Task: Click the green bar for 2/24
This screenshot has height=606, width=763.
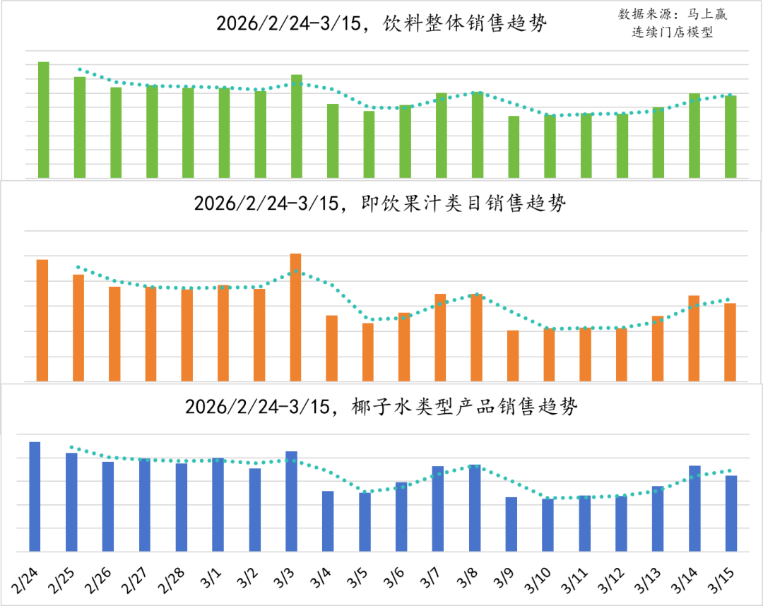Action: pos(44,120)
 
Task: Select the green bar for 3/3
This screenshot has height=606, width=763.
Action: pos(297,126)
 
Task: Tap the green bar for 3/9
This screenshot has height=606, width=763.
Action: pos(514,147)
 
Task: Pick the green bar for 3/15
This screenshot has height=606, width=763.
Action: pos(731,137)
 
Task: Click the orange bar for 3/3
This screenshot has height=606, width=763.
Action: pos(296,317)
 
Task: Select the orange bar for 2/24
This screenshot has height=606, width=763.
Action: pos(42,321)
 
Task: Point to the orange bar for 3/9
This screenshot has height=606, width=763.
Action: pos(513,356)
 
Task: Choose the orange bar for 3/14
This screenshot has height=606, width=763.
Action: pos(694,338)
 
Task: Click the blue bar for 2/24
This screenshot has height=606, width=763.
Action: pos(35,497)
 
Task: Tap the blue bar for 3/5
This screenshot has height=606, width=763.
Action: pos(365,522)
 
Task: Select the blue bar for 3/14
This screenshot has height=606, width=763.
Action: pos(694,509)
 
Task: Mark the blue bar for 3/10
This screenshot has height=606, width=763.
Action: pos(548,525)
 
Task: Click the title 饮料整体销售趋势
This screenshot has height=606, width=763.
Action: pos(381,23)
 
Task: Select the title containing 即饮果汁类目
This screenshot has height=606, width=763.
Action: pos(380,204)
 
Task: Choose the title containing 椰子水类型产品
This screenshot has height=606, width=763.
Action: pos(381,407)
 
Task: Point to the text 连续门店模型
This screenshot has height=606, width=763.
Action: pos(673,33)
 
